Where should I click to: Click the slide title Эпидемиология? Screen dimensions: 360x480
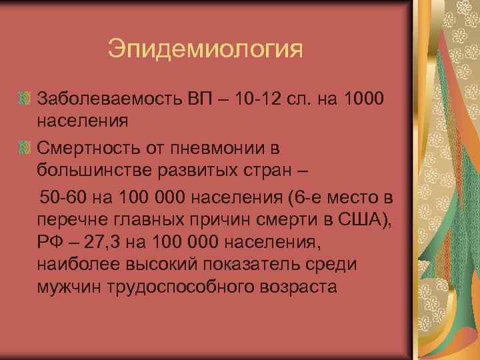[x=205, y=49]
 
